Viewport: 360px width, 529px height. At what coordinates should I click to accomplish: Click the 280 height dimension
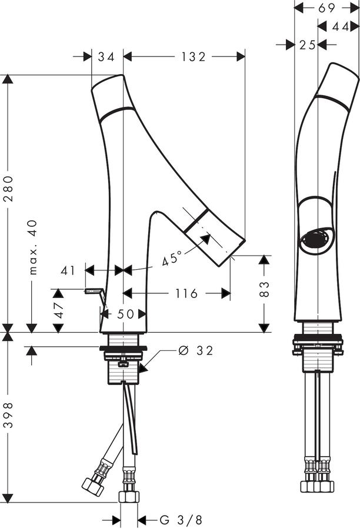pos(8,189)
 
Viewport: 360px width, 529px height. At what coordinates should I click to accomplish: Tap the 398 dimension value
pos(8,414)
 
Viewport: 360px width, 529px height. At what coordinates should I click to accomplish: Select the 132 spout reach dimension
pos(193,56)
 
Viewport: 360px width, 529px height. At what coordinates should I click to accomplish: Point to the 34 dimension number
pos(106,56)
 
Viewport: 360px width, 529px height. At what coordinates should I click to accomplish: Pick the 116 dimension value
pos(186,293)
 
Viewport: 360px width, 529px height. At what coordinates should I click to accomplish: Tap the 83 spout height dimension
pos(265,289)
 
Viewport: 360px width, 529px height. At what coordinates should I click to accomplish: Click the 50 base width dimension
pos(126,314)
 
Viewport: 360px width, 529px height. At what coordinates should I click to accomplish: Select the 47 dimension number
pos(59,310)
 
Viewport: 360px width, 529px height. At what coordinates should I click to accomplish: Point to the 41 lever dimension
pos(68,270)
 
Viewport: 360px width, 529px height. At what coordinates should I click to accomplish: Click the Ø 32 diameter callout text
pos(196,351)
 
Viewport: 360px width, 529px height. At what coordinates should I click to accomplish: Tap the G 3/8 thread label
pos(181,520)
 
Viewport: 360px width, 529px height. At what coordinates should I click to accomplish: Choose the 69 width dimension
pos(326,8)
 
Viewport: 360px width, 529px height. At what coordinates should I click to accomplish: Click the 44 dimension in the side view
pos(341,26)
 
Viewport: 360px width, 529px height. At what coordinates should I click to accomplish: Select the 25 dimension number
pos(307,45)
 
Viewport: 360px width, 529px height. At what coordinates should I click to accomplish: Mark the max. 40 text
pos(32,247)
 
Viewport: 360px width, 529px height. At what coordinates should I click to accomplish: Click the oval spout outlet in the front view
pos(315,239)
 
